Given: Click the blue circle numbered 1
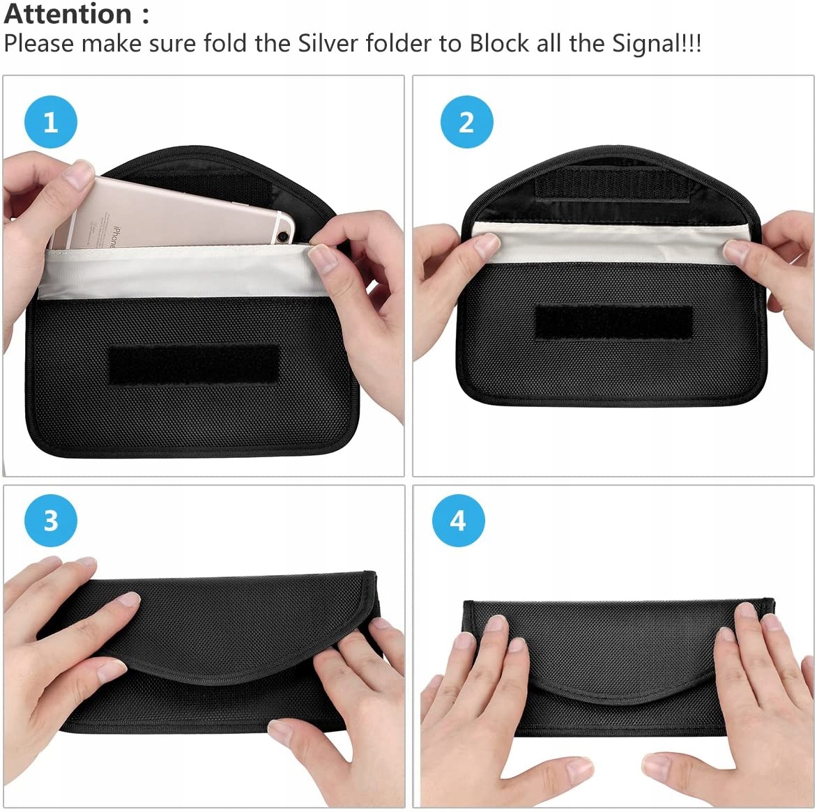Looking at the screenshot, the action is pyautogui.click(x=51, y=122).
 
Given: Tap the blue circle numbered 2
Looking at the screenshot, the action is pyautogui.click(x=466, y=122).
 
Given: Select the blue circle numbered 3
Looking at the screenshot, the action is pyautogui.click(x=51, y=521).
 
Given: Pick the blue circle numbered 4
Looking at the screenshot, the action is pyautogui.click(x=458, y=521).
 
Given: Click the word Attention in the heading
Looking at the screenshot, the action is pyautogui.click(x=68, y=13).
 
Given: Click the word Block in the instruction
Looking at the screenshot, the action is pyautogui.click(x=499, y=43).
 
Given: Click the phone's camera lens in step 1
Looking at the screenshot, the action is pyautogui.click(x=284, y=237).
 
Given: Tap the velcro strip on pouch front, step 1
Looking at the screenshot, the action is pyautogui.click(x=193, y=364).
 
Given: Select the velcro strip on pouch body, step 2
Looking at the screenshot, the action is pyautogui.click(x=613, y=322).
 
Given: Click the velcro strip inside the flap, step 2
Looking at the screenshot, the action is pyautogui.click(x=613, y=183).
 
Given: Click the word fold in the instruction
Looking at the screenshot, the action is pyautogui.click(x=224, y=43).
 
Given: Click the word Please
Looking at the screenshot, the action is pyautogui.click(x=39, y=43).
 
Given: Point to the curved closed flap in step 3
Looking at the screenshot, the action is pyautogui.click(x=219, y=630).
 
